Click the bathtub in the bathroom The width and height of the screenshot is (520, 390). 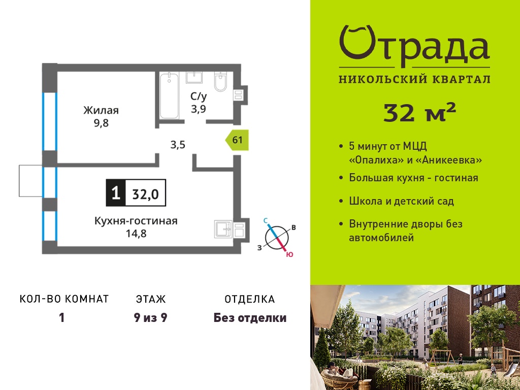[169, 95]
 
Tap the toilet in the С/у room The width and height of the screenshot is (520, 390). [220, 81]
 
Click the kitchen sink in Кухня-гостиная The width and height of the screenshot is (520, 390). [224, 229]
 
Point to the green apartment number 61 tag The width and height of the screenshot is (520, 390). [237, 140]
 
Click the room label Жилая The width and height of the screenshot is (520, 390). [101, 110]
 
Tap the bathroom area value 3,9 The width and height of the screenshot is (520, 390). [199, 109]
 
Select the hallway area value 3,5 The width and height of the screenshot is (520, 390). [177, 145]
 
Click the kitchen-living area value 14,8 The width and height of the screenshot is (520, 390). [136, 234]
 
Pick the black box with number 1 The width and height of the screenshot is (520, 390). [116, 192]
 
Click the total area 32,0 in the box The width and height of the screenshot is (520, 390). [146, 194]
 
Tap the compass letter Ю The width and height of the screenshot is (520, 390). [289, 255]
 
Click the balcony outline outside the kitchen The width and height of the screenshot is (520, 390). [31, 181]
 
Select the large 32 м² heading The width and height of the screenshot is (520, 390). [419, 112]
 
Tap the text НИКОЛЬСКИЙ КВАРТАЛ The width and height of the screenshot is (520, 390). [414, 79]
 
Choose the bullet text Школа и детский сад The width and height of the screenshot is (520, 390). [401, 201]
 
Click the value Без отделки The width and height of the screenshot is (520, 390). [250, 318]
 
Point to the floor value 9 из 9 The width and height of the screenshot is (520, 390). [150, 318]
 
